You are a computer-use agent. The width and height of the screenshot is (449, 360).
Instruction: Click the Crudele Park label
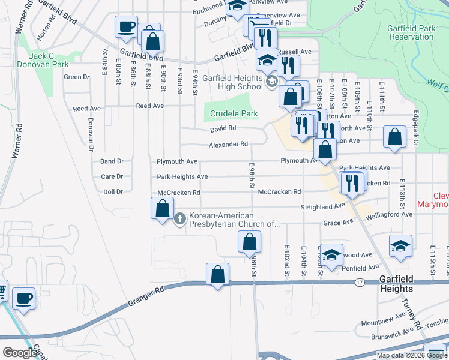[x=232, y=113]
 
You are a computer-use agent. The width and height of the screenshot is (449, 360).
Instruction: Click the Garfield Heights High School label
[x=232, y=82]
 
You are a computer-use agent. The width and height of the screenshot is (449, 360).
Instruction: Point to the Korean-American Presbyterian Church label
[x=234, y=220]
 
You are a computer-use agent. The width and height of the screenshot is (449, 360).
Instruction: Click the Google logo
[x=20, y=352]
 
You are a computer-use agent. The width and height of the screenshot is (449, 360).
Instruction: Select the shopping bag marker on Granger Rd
[x=217, y=274]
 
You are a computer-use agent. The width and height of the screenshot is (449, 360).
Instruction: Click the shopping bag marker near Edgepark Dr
[x=395, y=137]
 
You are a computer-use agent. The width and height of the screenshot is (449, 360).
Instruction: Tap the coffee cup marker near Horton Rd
[x=126, y=26]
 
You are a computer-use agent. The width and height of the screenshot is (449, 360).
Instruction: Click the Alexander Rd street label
[x=228, y=145]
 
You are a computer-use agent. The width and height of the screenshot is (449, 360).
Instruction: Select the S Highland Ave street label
[x=323, y=206]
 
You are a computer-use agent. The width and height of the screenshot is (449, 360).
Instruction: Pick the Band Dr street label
[x=112, y=161]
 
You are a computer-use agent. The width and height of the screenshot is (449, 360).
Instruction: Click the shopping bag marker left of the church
[x=162, y=209]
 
